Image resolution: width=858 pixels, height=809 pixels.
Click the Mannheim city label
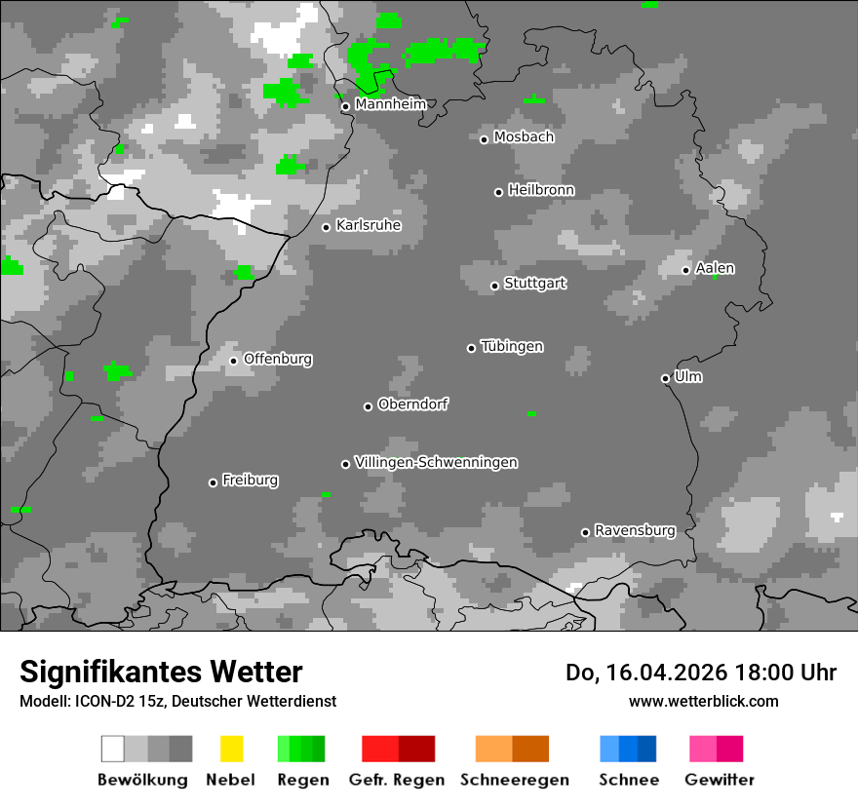pyautogui.click(x=391, y=104)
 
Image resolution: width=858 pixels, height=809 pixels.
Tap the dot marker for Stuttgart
pyautogui.click(x=495, y=286)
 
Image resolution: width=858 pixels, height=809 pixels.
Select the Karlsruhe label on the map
pyautogui.click(x=369, y=225)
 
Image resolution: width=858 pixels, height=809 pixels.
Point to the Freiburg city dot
pyautogui.click(x=213, y=482)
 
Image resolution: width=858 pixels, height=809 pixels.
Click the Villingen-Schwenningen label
pyautogui.click(x=436, y=462)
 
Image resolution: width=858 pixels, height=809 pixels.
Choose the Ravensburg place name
pyautogui.click(x=635, y=530)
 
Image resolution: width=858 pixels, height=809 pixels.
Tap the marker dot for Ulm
pyautogui.click(x=665, y=378)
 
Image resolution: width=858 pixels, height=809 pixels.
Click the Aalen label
pyautogui.click(x=715, y=268)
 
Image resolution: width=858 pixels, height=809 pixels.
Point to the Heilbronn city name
pyautogui.click(x=541, y=190)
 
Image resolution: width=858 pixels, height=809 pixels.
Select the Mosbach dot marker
pyautogui.click(x=484, y=139)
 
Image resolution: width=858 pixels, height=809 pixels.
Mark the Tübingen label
pyautogui.click(x=512, y=346)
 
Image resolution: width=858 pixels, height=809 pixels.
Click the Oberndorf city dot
pyautogui.click(x=368, y=406)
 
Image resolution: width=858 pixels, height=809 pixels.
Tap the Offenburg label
pyautogui.click(x=278, y=359)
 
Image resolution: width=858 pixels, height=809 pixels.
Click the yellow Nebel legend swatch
pyautogui.click(x=232, y=749)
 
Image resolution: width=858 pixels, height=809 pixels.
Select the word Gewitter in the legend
pyautogui.click(x=720, y=780)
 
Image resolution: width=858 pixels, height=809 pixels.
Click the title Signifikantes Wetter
pyautogui.click(x=161, y=672)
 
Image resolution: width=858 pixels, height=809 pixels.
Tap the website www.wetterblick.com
pyautogui.click(x=703, y=701)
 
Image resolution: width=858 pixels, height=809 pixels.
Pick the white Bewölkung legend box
pyautogui.click(x=113, y=749)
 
